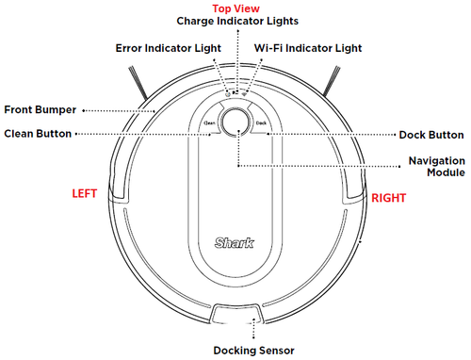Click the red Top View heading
pos(235,7)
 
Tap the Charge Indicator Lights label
pos(235,20)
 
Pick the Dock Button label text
pos(433,135)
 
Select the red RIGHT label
pos(388,198)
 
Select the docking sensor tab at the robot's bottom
pos(235,316)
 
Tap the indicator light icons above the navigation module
pos(235,94)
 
